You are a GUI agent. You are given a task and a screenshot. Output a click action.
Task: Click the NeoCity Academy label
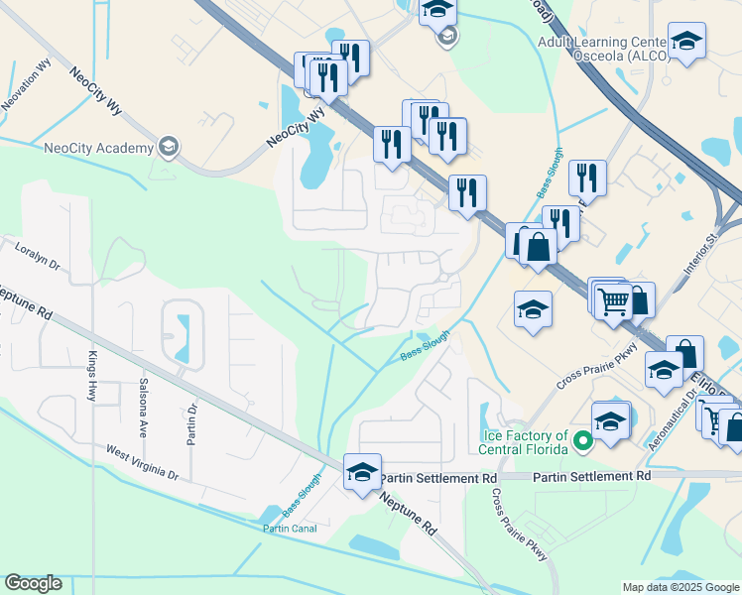(99, 148)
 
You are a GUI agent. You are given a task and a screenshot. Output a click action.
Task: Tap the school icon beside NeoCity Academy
(170, 148)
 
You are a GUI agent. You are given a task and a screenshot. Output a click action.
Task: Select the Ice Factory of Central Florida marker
(583, 438)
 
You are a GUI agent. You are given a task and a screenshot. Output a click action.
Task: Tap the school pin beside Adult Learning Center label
(685, 42)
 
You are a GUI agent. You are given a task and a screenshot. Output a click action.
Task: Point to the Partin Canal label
(289, 529)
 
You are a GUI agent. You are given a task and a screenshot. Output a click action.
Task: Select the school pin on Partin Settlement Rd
(363, 472)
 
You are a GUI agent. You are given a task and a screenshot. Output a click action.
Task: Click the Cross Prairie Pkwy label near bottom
(520, 526)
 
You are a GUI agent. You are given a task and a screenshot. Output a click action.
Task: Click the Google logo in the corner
(34, 583)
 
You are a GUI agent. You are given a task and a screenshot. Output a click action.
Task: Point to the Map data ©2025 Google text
(680, 587)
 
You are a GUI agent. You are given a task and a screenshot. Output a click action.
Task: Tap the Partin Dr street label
(193, 421)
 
